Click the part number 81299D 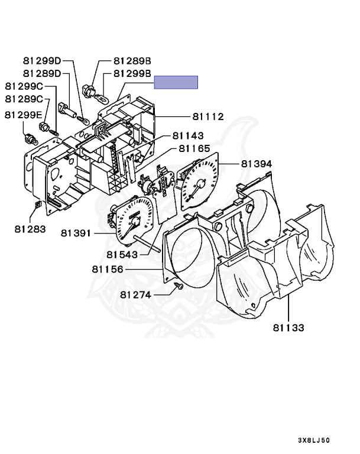[x=42, y=61]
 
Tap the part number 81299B [x=132, y=73]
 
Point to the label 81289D [x=42, y=73]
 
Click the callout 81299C [x=26, y=86]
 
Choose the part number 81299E [x=26, y=114]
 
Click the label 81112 [x=208, y=117]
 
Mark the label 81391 [x=76, y=233]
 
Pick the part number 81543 [x=122, y=255]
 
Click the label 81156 [x=107, y=269]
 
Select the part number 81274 [x=135, y=294]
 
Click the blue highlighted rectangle [x=176, y=82]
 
